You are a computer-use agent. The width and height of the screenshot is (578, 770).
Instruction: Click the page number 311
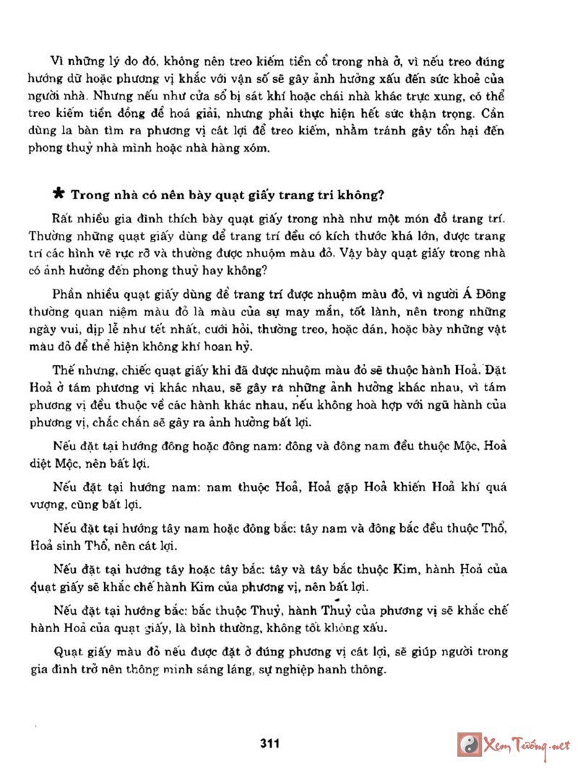269,743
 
